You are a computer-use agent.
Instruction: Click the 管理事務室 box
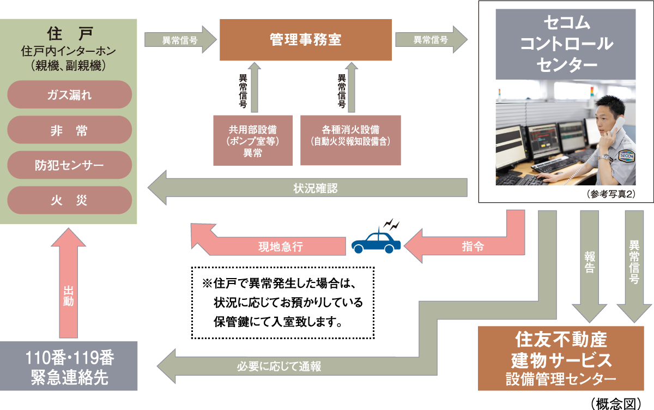[305, 40]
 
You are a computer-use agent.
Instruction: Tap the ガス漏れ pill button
[70, 95]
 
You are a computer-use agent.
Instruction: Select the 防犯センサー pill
[70, 165]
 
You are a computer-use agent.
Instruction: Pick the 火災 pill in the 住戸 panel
[70, 200]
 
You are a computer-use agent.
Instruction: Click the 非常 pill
[70, 130]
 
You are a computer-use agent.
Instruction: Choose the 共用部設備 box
[253, 141]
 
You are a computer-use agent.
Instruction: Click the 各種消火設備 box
[350, 141]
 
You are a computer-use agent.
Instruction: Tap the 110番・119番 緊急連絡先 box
[69, 366]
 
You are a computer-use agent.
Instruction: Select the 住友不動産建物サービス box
[561, 359]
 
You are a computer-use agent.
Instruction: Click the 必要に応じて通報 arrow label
[279, 366]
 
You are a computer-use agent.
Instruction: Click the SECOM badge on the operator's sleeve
[627, 155]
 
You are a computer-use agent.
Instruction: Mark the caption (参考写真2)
[611, 194]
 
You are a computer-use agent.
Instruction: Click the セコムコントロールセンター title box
[566, 44]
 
